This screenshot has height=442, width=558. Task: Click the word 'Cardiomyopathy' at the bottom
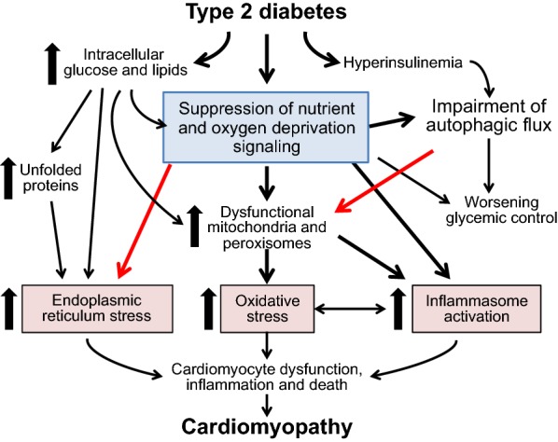click(271, 428)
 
